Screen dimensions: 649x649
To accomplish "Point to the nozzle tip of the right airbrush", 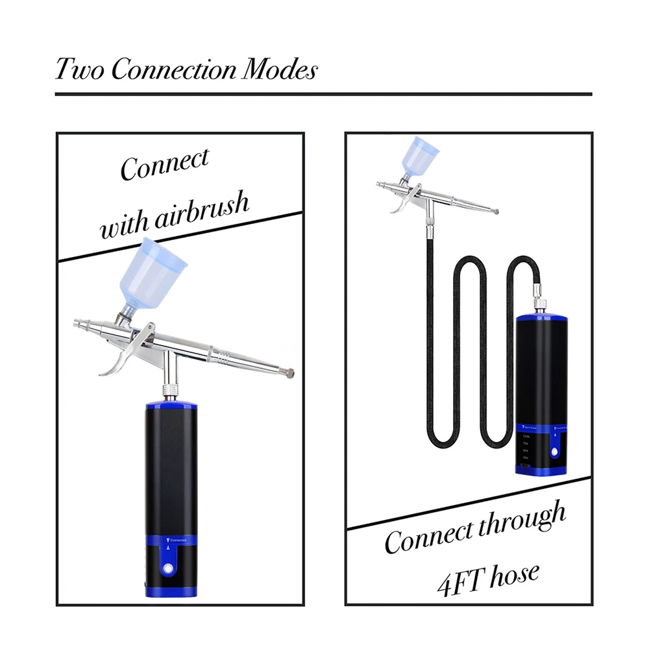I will point(496,211).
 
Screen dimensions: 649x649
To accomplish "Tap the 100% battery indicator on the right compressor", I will point(526,437).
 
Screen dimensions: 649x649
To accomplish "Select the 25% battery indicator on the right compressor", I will point(526,458).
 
